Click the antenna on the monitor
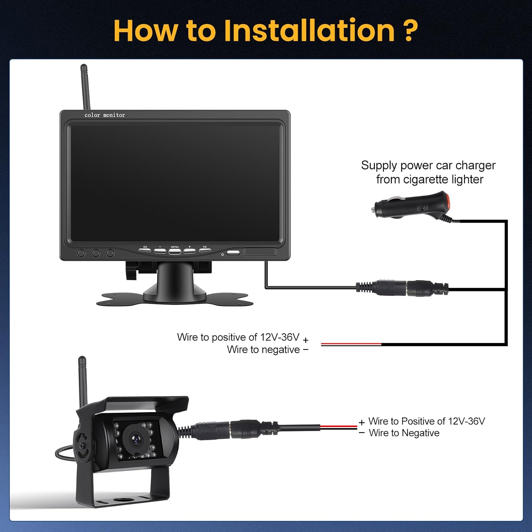pos(85,87)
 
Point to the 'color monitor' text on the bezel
pos(105,115)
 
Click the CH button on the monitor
pos(145,250)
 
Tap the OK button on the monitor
pos(205,250)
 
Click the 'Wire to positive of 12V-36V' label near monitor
pos(238,337)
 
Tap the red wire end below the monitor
pos(351,344)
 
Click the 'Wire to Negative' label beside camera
pos(404,433)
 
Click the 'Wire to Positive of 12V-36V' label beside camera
pos(426,421)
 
